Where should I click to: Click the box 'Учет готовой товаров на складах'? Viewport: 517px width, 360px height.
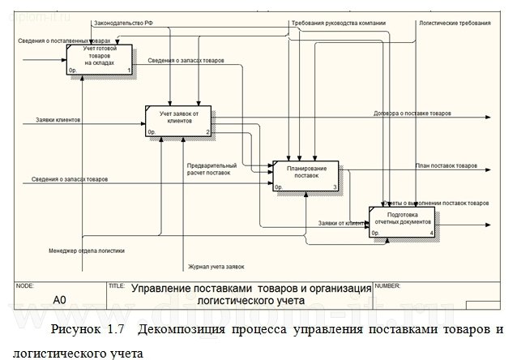tap(100, 59)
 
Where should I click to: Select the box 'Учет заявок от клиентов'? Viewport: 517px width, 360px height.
tap(178, 120)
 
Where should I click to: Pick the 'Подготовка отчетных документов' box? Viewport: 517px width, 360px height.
tap(403, 221)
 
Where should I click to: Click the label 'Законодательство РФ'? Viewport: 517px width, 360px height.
tap(122, 24)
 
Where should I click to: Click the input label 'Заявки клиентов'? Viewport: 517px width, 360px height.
tap(58, 120)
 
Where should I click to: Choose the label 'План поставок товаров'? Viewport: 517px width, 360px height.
tap(446, 165)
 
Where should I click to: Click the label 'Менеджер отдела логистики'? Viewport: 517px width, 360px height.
tap(87, 250)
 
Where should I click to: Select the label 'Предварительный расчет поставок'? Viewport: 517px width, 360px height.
tap(211, 169)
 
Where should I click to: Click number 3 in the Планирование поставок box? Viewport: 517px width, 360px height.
tap(335, 187)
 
